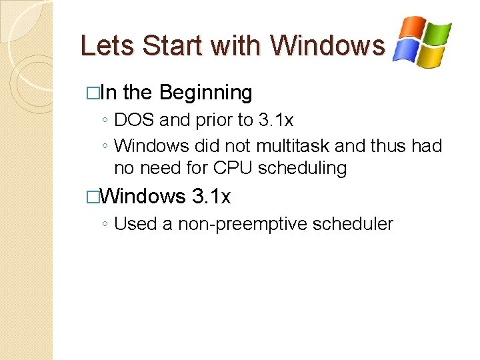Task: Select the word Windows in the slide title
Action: pyautogui.click(x=327, y=45)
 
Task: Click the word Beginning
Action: pyautogui.click(x=206, y=93)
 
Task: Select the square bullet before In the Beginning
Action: pyautogui.click(x=92, y=93)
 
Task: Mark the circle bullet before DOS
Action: pyautogui.click(x=106, y=121)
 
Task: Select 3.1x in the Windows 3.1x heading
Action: pyautogui.click(x=211, y=197)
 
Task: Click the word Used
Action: pyautogui.click(x=135, y=224)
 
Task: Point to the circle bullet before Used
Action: pyautogui.click(x=106, y=225)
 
